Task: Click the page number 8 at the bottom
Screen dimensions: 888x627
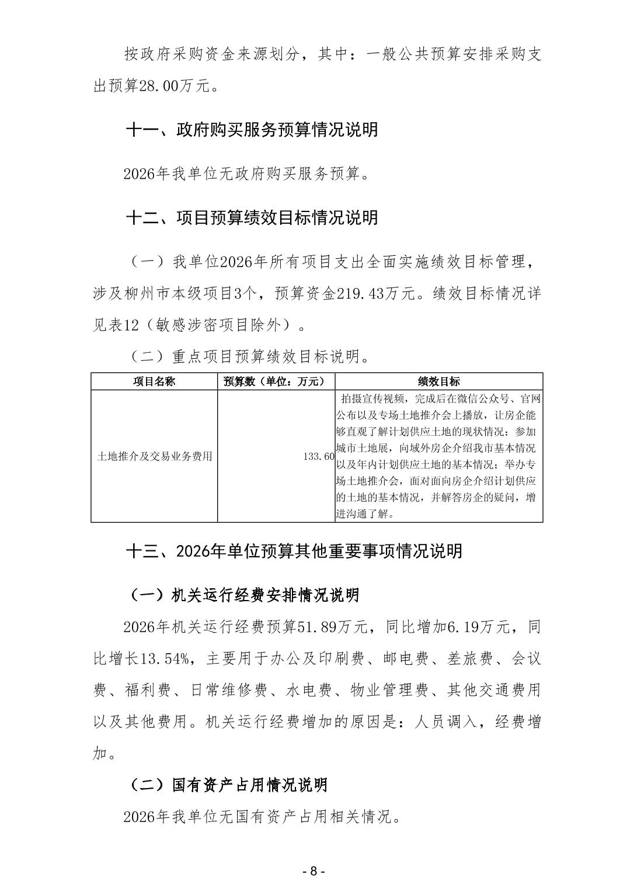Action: [x=313, y=871]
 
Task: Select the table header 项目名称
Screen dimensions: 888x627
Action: [x=154, y=381]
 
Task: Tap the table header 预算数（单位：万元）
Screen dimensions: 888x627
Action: [x=276, y=381]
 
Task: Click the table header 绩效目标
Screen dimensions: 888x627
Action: [x=438, y=381]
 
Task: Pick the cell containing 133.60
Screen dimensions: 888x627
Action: [x=319, y=456]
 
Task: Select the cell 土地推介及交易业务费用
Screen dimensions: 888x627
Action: [x=154, y=456]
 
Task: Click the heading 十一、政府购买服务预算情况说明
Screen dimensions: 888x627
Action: [x=252, y=130]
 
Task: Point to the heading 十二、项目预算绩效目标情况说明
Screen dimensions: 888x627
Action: [x=252, y=218]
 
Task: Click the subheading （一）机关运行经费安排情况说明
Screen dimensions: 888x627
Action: [x=243, y=595]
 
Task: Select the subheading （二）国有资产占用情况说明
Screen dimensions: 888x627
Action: [x=228, y=785]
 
